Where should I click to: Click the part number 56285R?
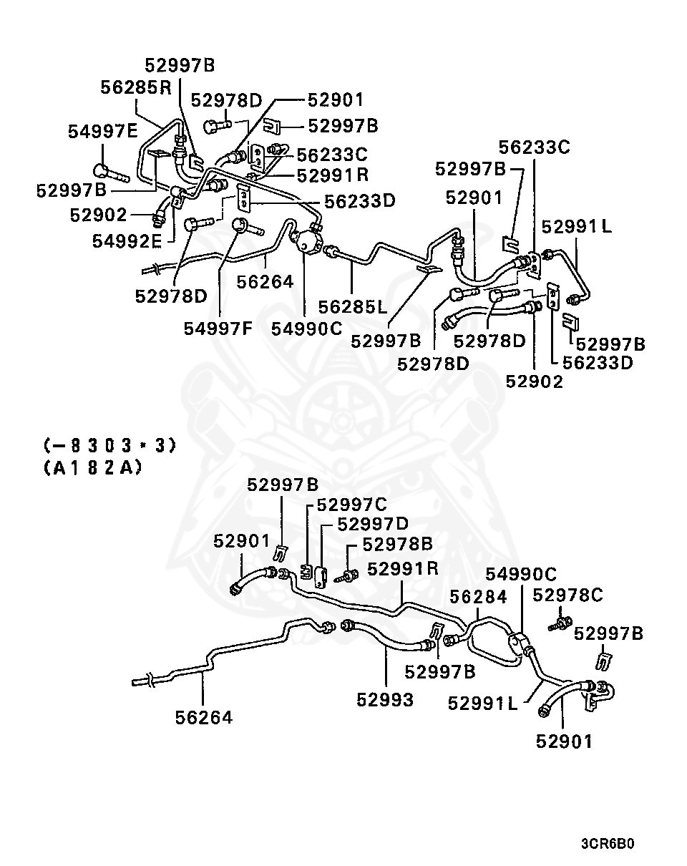coord(137,87)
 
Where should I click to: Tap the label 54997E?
coord(103,131)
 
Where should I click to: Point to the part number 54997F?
coord(218,329)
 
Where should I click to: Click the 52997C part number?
coord(351,505)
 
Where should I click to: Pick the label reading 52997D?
coord(373,524)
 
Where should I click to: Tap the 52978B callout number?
coord(397,544)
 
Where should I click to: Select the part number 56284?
coord(479,597)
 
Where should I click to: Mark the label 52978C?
coord(567,595)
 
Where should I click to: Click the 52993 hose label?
coord(385,700)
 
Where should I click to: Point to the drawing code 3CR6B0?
coord(608,844)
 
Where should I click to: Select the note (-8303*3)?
coord(109,446)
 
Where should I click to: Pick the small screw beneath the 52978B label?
coord(350,574)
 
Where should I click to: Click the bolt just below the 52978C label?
coord(560,623)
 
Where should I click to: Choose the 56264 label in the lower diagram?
coord(204,716)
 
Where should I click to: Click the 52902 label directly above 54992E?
coord(98,215)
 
